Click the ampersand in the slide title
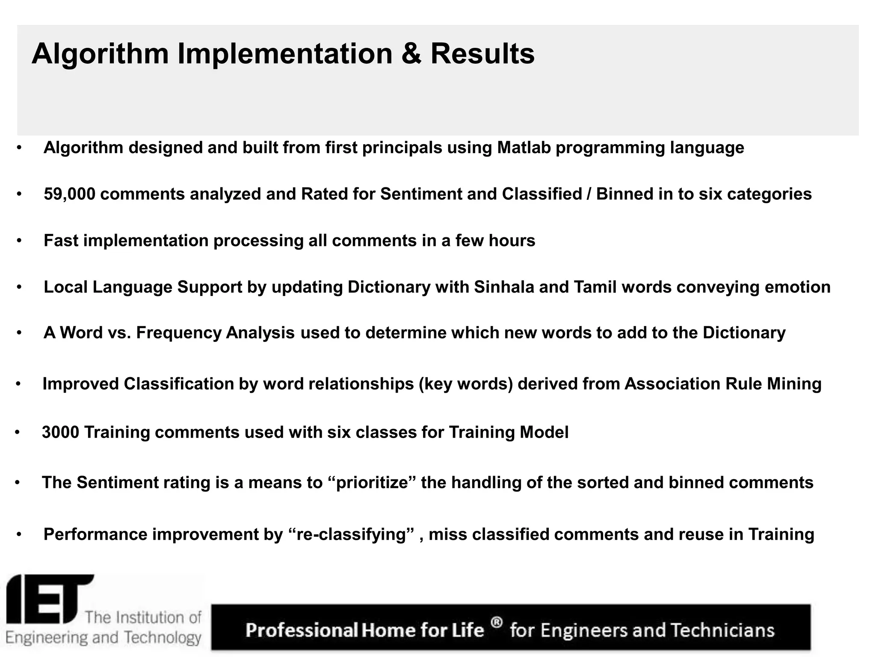(x=411, y=54)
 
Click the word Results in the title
(x=482, y=54)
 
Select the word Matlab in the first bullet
(x=524, y=148)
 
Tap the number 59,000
(x=70, y=195)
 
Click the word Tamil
(x=595, y=287)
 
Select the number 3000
(x=60, y=432)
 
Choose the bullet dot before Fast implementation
(x=19, y=241)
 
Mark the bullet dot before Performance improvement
(x=19, y=535)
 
